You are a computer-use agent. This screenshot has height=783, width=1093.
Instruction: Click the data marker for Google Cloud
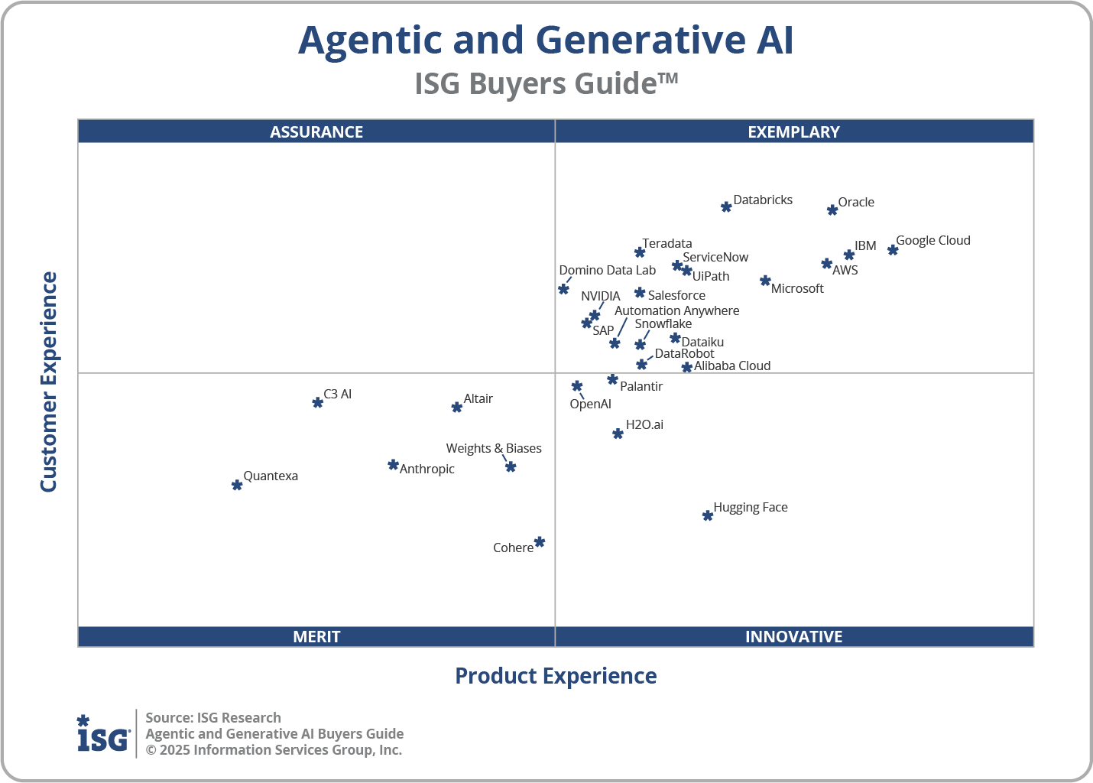(892, 250)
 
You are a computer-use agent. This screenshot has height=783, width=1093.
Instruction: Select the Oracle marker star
(832, 210)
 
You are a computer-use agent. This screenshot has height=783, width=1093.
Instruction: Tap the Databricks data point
(726, 207)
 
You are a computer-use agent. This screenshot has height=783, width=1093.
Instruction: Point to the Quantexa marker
(237, 486)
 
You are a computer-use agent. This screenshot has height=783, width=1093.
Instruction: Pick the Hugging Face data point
(708, 516)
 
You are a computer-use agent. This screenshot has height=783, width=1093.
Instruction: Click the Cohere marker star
(540, 542)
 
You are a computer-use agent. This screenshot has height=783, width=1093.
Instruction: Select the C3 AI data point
(318, 402)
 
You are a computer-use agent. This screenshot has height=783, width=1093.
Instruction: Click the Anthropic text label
(426, 469)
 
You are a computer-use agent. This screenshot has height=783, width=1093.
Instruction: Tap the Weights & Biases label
(494, 448)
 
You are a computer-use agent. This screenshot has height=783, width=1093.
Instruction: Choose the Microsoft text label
(797, 288)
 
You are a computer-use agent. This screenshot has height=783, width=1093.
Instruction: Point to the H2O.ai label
(644, 424)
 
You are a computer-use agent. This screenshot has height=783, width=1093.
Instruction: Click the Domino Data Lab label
(607, 270)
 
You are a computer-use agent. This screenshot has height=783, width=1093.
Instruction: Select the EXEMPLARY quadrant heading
(793, 132)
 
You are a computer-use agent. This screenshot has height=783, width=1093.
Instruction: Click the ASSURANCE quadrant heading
(316, 132)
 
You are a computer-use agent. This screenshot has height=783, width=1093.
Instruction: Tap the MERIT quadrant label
(316, 636)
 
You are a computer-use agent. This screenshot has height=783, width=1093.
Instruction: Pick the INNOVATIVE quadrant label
(793, 636)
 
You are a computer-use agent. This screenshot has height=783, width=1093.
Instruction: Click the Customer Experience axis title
(49, 382)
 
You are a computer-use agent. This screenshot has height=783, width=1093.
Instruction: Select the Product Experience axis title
(556, 676)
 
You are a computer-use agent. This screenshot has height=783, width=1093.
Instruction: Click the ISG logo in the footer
(103, 734)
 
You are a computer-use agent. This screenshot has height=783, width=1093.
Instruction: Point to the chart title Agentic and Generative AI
(546, 40)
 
